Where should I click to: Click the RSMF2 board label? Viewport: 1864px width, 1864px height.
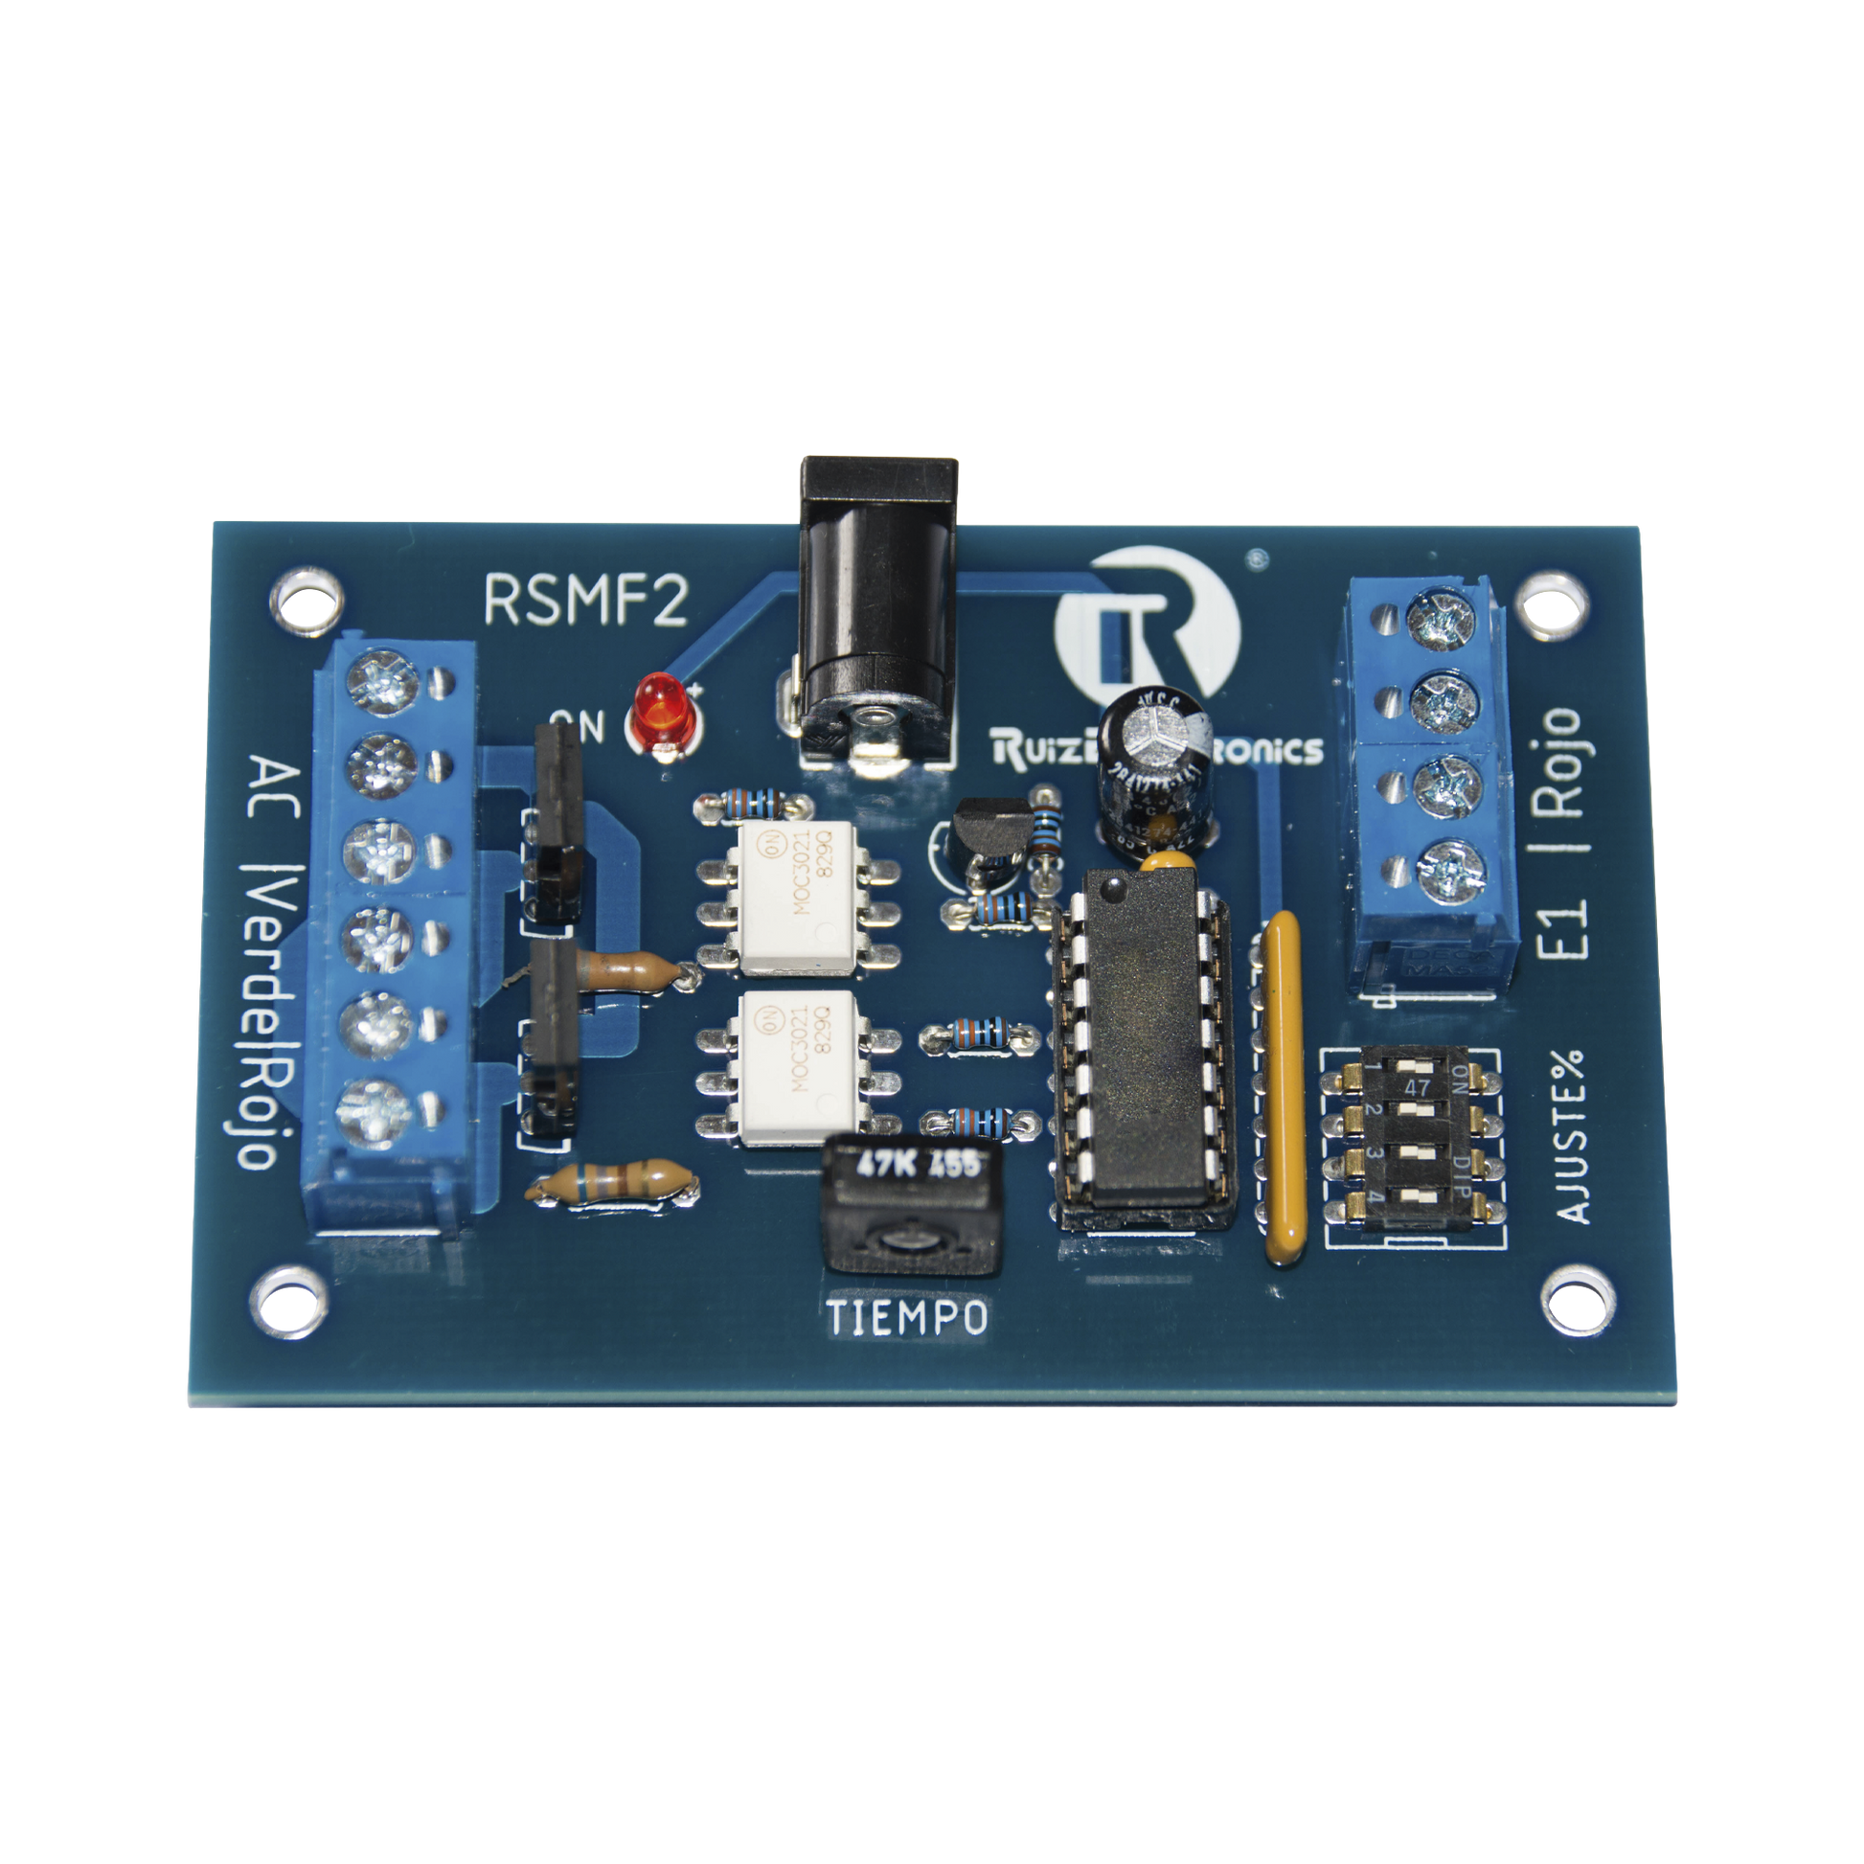pyautogui.click(x=585, y=600)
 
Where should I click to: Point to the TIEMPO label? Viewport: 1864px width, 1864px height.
pyautogui.click(x=907, y=1318)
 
